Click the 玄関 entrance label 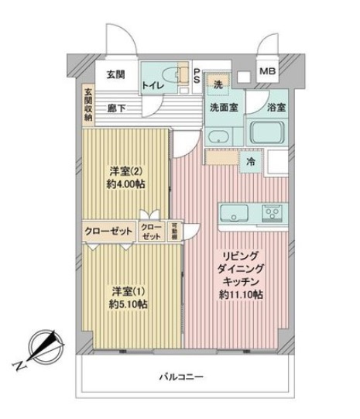point(115,74)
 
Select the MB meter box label point(267,72)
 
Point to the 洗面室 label point(223,108)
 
